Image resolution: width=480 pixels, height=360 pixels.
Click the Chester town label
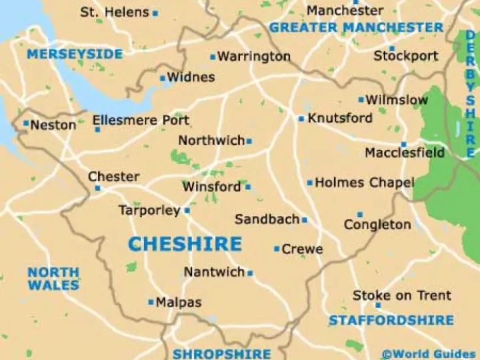(114, 177)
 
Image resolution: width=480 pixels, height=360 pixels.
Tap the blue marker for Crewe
(277, 249)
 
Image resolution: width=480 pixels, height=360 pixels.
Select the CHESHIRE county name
(185, 243)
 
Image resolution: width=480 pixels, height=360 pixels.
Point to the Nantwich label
(214, 272)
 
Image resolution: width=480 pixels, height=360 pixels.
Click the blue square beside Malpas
(151, 302)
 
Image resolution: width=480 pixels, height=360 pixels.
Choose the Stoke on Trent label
(401, 295)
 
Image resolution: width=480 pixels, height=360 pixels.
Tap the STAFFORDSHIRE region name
(391, 321)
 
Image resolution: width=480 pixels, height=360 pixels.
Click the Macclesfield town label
(404, 153)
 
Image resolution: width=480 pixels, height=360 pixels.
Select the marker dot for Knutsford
(301, 119)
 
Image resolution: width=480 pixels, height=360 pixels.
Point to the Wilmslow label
(396, 100)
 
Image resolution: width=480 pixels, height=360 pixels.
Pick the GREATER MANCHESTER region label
(356, 27)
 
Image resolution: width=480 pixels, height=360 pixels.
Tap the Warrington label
(254, 56)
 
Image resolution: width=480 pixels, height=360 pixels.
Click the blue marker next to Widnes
(162, 78)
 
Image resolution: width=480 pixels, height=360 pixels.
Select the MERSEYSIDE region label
(75, 53)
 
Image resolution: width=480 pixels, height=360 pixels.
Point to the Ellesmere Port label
(141, 121)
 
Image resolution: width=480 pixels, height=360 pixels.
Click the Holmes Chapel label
(364, 182)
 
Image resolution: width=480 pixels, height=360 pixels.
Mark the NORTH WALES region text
(53, 279)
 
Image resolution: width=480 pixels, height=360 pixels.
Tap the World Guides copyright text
(428, 353)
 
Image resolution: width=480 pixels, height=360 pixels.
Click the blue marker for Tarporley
(187, 211)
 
